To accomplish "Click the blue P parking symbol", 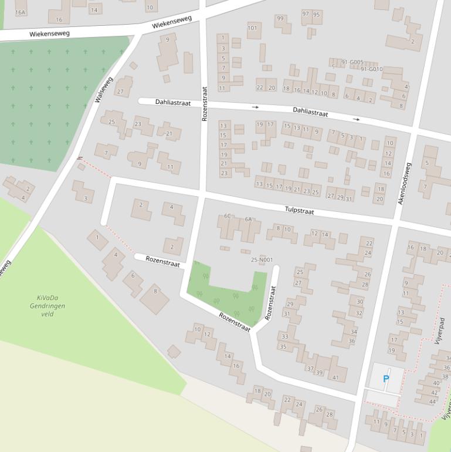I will point(386,379).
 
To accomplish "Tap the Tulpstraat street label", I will point(300,210).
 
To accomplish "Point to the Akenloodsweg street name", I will point(405,183).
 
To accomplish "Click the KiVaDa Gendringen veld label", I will point(48,306).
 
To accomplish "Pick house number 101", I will point(252,28).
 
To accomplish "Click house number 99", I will point(280,19).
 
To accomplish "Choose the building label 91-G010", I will point(371,69).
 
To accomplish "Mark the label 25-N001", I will point(262,259).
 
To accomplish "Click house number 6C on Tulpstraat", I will point(228,216).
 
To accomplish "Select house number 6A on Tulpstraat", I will point(248,219).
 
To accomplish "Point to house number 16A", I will point(21,12).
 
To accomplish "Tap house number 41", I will point(335,377).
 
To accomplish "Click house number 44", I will point(433,402).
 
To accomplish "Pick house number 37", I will point(310,368).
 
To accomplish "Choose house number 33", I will point(285,336).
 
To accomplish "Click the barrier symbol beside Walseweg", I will point(80,158).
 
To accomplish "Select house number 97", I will point(306,14).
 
